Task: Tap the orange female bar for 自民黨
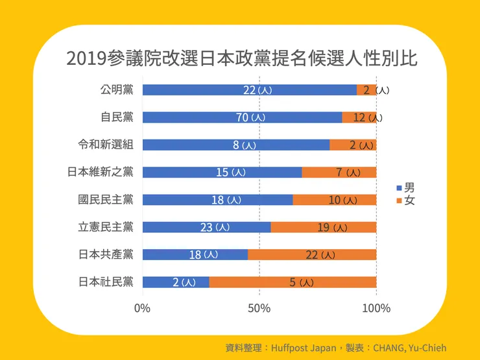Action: click(359, 117)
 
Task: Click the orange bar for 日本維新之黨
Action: click(339, 173)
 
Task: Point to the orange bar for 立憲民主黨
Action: click(323, 227)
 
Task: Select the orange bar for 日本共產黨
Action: click(311, 255)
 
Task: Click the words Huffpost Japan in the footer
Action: click(304, 348)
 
